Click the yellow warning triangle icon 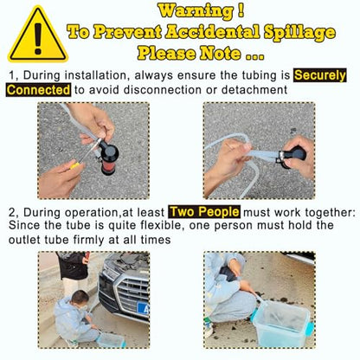pyautogui.click(x=38, y=35)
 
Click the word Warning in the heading pyautogui.click(x=196, y=11)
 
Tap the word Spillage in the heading pyautogui.click(x=299, y=33)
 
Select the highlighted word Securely pyautogui.click(x=319, y=75)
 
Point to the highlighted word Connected pyautogui.click(x=38, y=90)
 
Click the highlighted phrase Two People pyautogui.click(x=204, y=212)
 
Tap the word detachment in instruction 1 pyautogui.click(x=254, y=90)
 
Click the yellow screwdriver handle pyautogui.click(x=75, y=165)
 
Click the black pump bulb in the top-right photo pyautogui.click(x=293, y=157)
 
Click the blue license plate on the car pyautogui.click(x=143, y=308)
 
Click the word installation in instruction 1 pyautogui.click(x=95, y=75)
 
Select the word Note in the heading pyautogui.click(x=221, y=54)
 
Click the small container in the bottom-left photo pyautogui.click(x=111, y=339)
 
